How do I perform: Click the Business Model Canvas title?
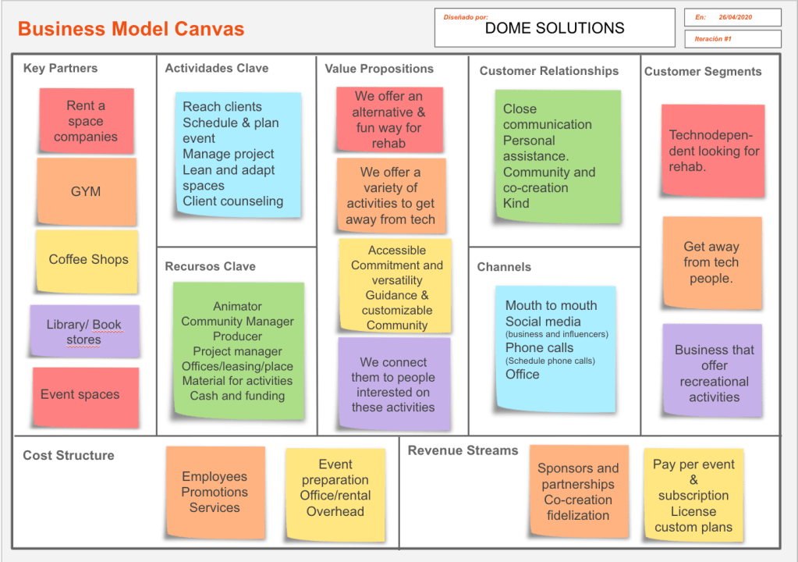pyautogui.click(x=131, y=30)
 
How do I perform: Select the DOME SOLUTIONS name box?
pyautogui.click(x=555, y=28)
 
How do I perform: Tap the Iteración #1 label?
pyautogui.click(x=713, y=39)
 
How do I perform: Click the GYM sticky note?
pyautogui.click(x=86, y=191)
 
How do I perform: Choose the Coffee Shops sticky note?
pyautogui.click(x=88, y=260)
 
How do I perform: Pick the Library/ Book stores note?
pyautogui.click(x=84, y=332)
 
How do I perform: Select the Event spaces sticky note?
pyautogui.click(x=80, y=395)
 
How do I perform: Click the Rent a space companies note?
pyautogui.click(x=86, y=121)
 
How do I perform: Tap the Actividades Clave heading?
pyautogui.click(x=217, y=69)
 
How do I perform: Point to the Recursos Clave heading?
pyautogui.click(x=211, y=266)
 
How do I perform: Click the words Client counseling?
pyautogui.click(x=233, y=201)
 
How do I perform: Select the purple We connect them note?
pyautogui.click(x=394, y=384)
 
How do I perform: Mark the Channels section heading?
pyautogui.click(x=504, y=267)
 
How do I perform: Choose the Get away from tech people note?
pyautogui.click(x=711, y=262)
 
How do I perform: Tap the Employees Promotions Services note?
pyautogui.click(x=215, y=492)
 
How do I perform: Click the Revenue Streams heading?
pyautogui.click(x=463, y=450)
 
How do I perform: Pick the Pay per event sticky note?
pyautogui.click(x=693, y=495)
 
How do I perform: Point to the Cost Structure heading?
pyautogui.click(x=69, y=455)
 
